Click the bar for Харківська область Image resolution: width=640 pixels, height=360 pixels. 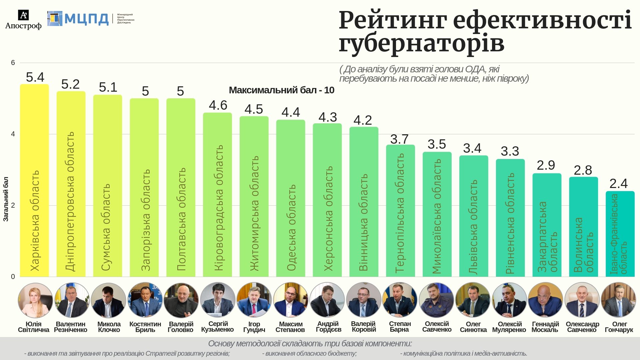pos(34,180)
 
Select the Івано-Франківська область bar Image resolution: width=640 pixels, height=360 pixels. pos(620,234)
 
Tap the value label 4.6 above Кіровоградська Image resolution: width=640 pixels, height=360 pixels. pos(218,105)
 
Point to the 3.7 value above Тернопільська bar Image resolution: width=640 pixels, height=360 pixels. pos(399,139)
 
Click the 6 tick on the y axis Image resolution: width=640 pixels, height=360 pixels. pos(13,63)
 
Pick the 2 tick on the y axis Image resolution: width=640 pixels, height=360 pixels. pos(13,205)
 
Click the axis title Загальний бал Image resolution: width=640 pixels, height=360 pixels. pos(6,199)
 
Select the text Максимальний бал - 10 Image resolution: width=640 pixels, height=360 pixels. pos(281,90)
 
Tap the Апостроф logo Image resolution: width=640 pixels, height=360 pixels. pos(23,20)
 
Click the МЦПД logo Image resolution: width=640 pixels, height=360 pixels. pos(78,19)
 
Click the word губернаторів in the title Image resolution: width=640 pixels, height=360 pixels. pos(421,43)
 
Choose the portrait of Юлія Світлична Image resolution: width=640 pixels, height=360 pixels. pos(35,300)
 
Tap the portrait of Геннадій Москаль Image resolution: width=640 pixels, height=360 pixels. pos(545,300)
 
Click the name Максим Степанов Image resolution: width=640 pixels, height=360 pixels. pos(290,327)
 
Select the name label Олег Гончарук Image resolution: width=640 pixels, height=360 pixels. pos(619,327)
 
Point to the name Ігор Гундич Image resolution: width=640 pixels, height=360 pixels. pos(254,327)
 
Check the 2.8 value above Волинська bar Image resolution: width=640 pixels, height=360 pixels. pos(583,170)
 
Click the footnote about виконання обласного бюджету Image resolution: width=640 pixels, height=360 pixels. pos(309,353)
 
